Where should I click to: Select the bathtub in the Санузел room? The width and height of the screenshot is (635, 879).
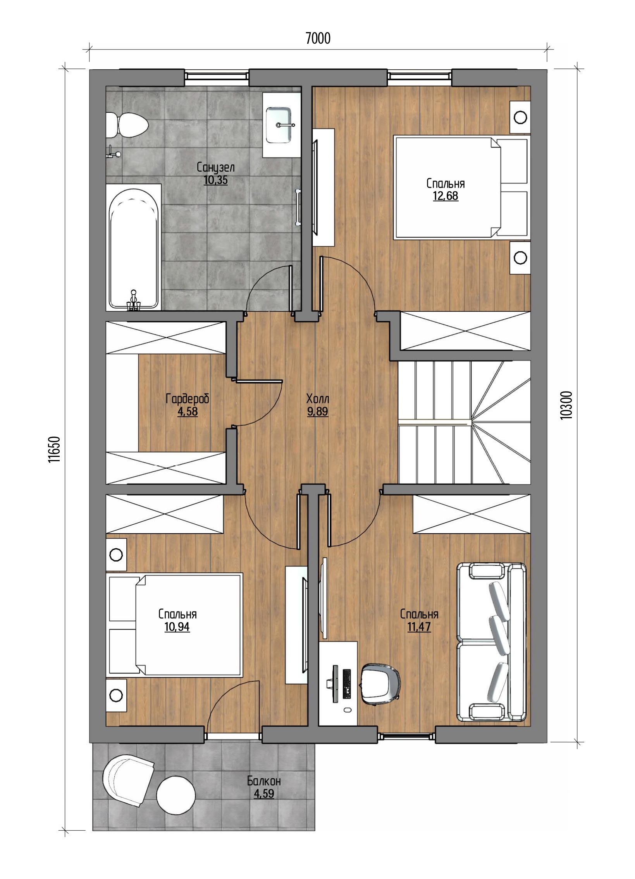[x=134, y=249]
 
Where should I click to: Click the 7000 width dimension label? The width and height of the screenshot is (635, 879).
[x=318, y=39]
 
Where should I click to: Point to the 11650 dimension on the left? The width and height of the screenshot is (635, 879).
[x=54, y=449]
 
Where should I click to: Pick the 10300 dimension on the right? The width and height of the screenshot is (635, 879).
[x=566, y=405]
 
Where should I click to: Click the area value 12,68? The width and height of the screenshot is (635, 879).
[x=446, y=196]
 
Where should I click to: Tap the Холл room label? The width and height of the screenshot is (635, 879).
[x=318, y=398]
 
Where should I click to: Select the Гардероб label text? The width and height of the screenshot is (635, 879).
[x=188, y=399]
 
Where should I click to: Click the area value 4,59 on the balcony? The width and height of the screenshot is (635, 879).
[x=263, y=793]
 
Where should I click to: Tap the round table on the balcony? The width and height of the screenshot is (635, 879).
[x=176, y=795]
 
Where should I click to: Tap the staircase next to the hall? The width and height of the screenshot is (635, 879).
[x=464, y=422]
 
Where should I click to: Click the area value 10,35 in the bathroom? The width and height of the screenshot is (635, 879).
[x=215, y=180]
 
